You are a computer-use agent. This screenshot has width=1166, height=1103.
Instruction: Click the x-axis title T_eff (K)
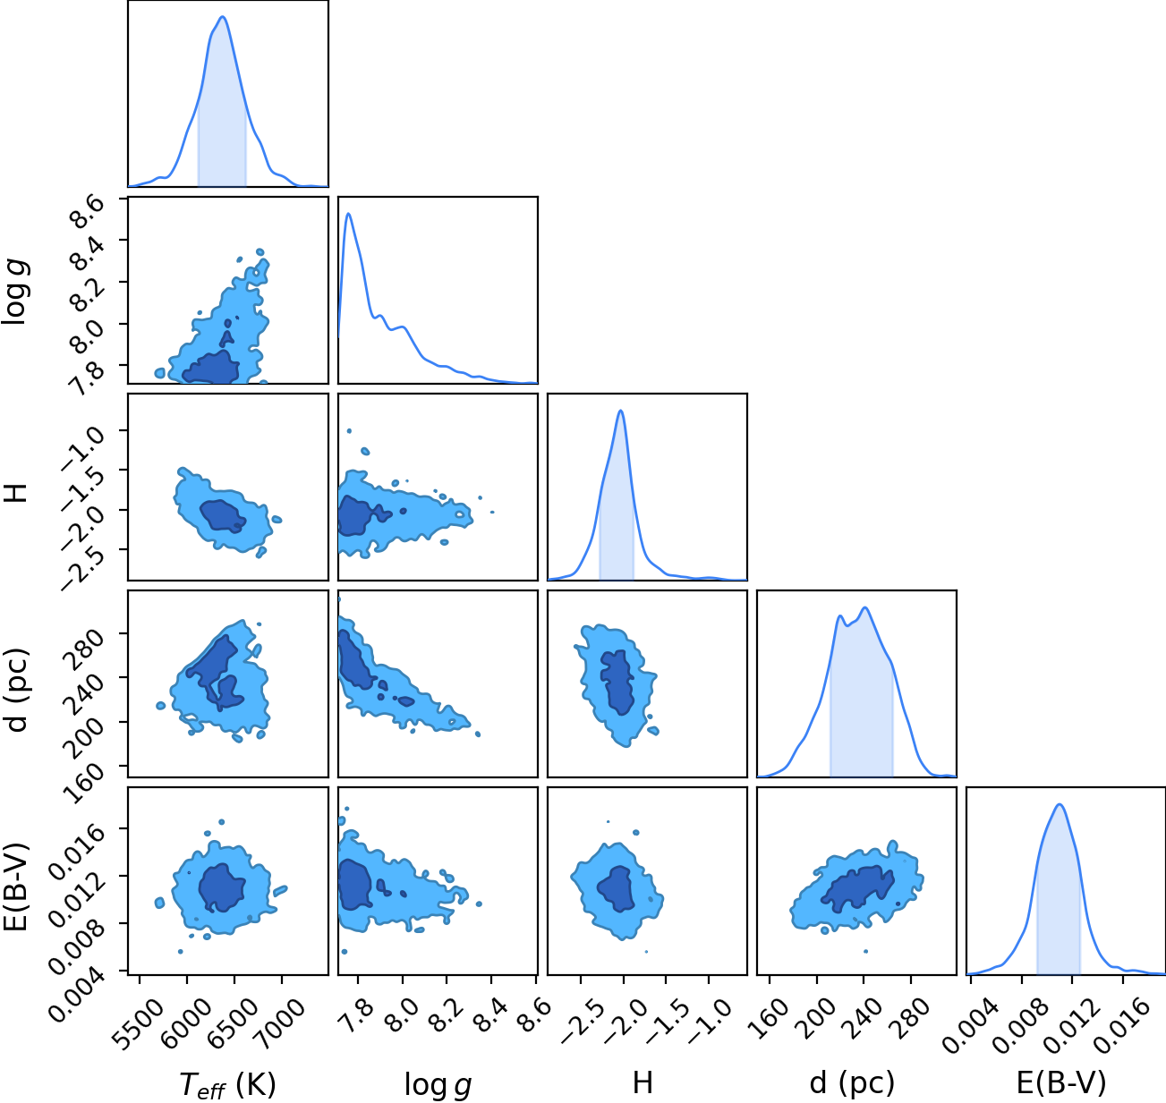[228, 1084]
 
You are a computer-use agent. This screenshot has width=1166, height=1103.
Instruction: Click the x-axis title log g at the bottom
[438, 1085]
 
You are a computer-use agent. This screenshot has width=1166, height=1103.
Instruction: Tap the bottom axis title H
[643, 1082]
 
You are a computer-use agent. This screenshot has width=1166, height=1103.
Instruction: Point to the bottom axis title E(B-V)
[1061, 1083]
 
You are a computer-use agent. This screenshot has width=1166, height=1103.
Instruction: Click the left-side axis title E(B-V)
[17, 886]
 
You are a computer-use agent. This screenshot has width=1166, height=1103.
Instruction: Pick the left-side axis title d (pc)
[17, 691]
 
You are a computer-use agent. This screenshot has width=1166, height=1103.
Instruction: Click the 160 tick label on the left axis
[84, 783]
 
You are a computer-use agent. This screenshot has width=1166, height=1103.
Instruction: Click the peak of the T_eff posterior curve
[223, 17]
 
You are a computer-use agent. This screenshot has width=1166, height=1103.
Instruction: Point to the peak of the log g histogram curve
[349, 214]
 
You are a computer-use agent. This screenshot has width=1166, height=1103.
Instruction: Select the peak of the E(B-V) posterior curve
[1060, 804]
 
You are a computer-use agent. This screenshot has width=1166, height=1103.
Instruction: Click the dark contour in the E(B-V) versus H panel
[617, 888]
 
